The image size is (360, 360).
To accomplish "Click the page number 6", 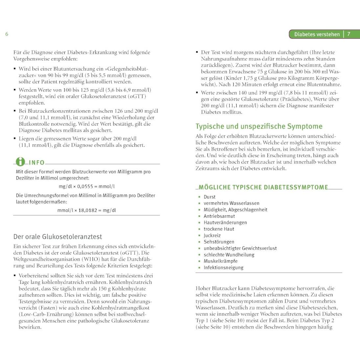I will tap(7, 34).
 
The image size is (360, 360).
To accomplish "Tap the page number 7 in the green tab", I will tap(349, 34).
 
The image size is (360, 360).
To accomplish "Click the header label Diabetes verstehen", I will tap(317, 34).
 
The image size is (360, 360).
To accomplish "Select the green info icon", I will tap(20, 161).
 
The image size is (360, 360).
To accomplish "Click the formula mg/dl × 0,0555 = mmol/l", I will tap(87, 186).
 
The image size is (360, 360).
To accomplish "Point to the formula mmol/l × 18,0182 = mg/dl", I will tap(87, 210).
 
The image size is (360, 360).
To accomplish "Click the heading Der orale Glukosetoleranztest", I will tap(58, 237).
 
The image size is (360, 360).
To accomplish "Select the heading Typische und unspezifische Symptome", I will tap(259, 126).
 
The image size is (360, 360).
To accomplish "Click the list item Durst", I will tap(210, 197).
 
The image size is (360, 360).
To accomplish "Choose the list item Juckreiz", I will tap(212, 235).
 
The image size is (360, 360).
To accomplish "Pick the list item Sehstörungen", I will tap(219, 242).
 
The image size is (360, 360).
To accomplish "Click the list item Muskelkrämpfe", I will tap(221, 261).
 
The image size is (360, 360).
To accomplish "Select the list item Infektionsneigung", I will tap(223, 267).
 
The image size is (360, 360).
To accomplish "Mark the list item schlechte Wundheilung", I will tap(229, 255).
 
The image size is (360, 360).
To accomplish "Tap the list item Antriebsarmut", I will tap(219, 216).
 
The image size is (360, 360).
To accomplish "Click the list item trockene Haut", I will tap(219, 229).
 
